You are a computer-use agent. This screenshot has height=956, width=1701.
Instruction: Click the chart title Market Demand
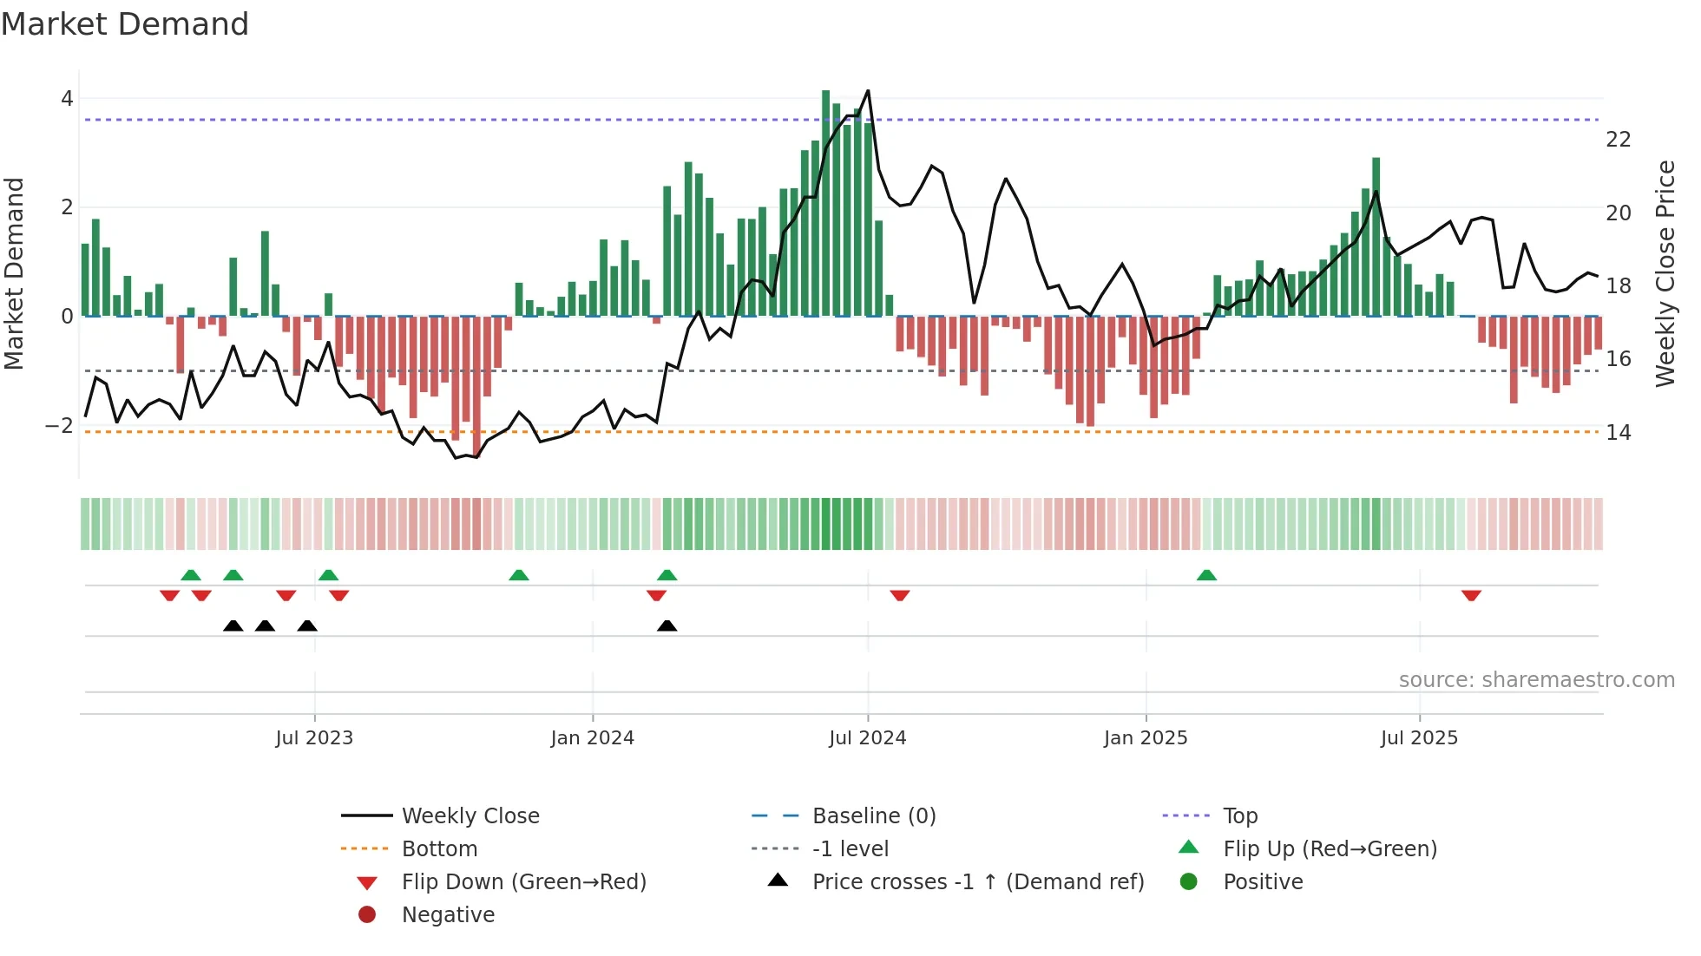click(x=125, y=24)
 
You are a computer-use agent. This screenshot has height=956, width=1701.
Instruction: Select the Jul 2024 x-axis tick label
click(x=867, y=738)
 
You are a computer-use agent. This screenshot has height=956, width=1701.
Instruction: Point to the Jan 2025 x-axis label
click(x=1146, y=738)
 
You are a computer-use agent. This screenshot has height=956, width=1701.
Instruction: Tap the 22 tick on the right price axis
click(x=1618, y=140)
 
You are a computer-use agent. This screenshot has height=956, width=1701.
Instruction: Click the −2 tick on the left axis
click(x=60, y=426)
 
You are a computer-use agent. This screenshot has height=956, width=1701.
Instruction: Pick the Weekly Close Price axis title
click(x=1665, y=273)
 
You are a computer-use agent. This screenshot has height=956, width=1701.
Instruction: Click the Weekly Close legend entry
click(x=470, y=816)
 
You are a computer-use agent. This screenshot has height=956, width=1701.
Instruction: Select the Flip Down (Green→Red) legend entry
click(x=523, y=882)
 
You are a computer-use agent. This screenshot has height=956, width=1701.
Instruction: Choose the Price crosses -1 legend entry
click(x=977, y=882)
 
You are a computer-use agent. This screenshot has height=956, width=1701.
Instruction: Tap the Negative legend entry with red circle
click(x=448, y=915)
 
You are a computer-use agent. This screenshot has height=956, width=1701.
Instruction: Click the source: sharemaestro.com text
click(x=1536, y=680)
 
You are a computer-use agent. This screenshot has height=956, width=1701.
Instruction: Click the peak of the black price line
click(x=868, y=91)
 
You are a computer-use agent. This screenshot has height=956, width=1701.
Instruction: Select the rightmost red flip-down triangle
click(x=1471, y=595)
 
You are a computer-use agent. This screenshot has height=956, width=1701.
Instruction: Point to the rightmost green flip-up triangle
click(x=1206, y=575)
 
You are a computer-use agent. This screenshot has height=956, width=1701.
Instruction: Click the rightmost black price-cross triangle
click(x=667, y=625)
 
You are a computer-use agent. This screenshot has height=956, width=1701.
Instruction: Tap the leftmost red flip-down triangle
click(x=170, y=595)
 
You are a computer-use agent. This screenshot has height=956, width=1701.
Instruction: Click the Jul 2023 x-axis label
click(x=314, y=738)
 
